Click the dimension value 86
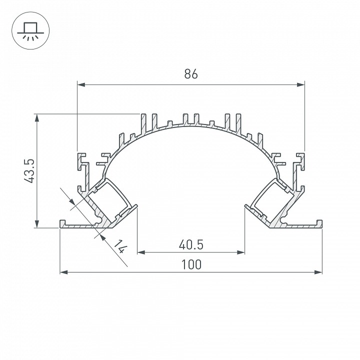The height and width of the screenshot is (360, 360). coord(191,74)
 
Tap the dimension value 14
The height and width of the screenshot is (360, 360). coord(118,246)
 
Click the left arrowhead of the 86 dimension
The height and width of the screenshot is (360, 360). coord(81,84)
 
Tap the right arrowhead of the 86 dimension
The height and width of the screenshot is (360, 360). coord(300,84)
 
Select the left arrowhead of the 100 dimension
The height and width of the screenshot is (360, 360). coord(64,272)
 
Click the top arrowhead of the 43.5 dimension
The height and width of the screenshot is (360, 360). coord(37,118)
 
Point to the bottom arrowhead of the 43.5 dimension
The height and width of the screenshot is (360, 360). coord(37,224)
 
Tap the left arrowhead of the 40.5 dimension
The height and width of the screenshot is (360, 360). coord(141,252)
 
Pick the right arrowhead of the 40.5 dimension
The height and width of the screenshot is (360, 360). coord(241,252)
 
